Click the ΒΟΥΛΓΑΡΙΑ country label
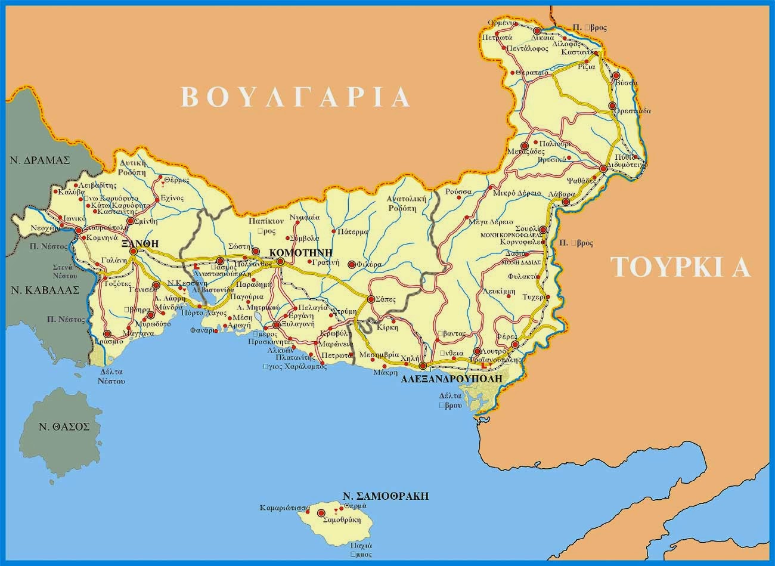pyautogui.click(x=296, y=97)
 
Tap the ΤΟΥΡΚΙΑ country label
pyautogui.click(x=681, y=268)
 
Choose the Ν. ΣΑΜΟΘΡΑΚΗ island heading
pyautogui.click(x=386, y=496)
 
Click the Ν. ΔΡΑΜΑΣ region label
pyautogui.click(x=39, y=160)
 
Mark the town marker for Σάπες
pyautogui.click(x=371, y=299)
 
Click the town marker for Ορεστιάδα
pyautogui.click(x=612, y=106)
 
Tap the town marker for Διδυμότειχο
pyautogui.click(x=603, y=169)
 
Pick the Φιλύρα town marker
pyautogui.click(x=352, y=264)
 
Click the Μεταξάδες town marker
pyautogui.click(x=525, y=146)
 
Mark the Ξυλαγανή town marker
pyautogui.click(x=277, y=325)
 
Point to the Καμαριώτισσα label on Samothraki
pyautogui.click(x=284, y=509)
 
